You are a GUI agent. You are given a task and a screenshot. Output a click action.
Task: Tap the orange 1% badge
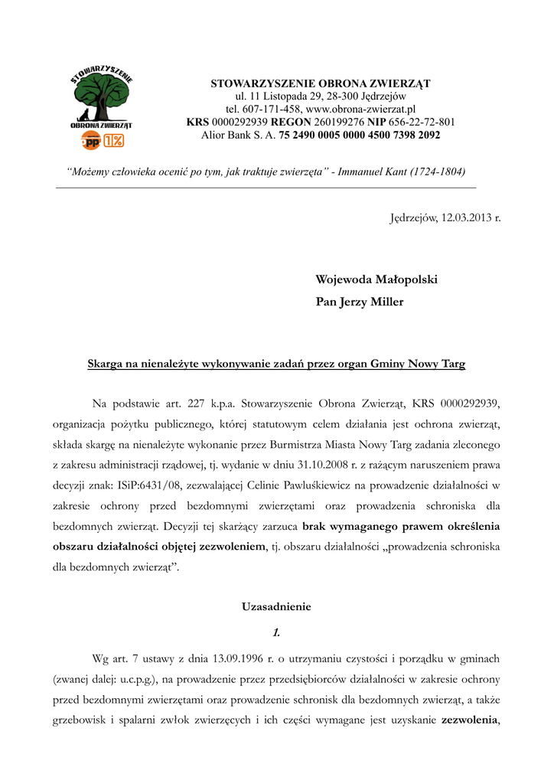tap(114, 139)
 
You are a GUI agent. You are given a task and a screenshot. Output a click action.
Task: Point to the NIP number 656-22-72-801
tap(421, 122)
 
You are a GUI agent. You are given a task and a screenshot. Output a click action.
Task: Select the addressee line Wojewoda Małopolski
tap(376, 280)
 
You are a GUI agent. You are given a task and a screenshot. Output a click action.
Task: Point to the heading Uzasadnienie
tap(276, 607)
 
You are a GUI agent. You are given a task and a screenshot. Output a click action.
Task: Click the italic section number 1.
tap(276, 632)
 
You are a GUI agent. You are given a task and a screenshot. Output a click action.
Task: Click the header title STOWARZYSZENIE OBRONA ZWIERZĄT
tap(321, 83)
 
